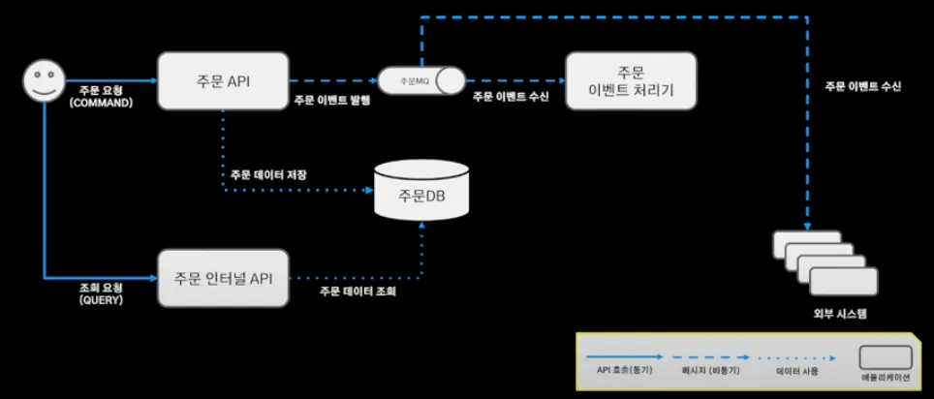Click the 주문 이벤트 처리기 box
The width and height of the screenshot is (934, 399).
point(632,81)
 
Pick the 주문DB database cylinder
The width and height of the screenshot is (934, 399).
point(421,193)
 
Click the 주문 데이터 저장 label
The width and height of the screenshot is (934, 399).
point(268,175)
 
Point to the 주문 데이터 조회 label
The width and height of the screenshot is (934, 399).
point(358,291)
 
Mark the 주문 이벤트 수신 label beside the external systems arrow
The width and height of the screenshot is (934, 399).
point(862,86)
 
